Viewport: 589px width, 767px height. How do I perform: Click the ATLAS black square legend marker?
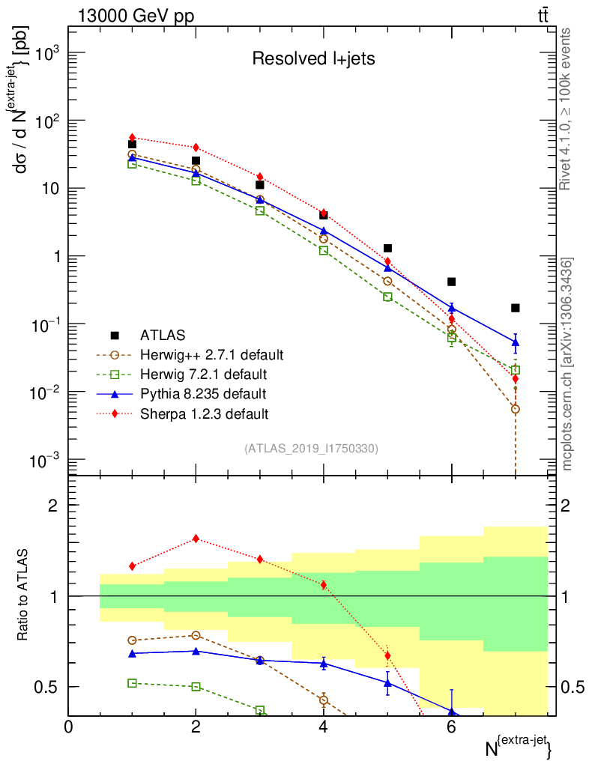tap(115, 335)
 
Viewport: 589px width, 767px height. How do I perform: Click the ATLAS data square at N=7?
tap(515, 308)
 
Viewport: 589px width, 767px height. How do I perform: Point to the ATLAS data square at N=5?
tap(387, 248)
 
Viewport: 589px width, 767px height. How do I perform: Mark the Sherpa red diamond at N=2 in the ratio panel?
tap(196, 539)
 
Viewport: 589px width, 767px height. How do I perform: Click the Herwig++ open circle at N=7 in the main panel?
tap(515, 409)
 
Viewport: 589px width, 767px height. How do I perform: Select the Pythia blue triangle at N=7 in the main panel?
tap(515, 342)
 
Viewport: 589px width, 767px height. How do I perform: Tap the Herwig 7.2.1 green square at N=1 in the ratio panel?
tap(133, 683)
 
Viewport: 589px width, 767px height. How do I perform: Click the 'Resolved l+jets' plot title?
tap(313, 59)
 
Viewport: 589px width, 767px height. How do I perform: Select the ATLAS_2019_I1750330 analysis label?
tap(311, 449)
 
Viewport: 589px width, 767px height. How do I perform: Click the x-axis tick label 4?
tap(323, 727)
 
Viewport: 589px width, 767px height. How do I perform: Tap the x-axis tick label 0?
tap(69, 727)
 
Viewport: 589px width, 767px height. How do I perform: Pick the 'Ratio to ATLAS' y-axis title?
tap(23, 595)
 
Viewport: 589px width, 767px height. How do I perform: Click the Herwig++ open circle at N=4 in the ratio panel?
tap(324, 700)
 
